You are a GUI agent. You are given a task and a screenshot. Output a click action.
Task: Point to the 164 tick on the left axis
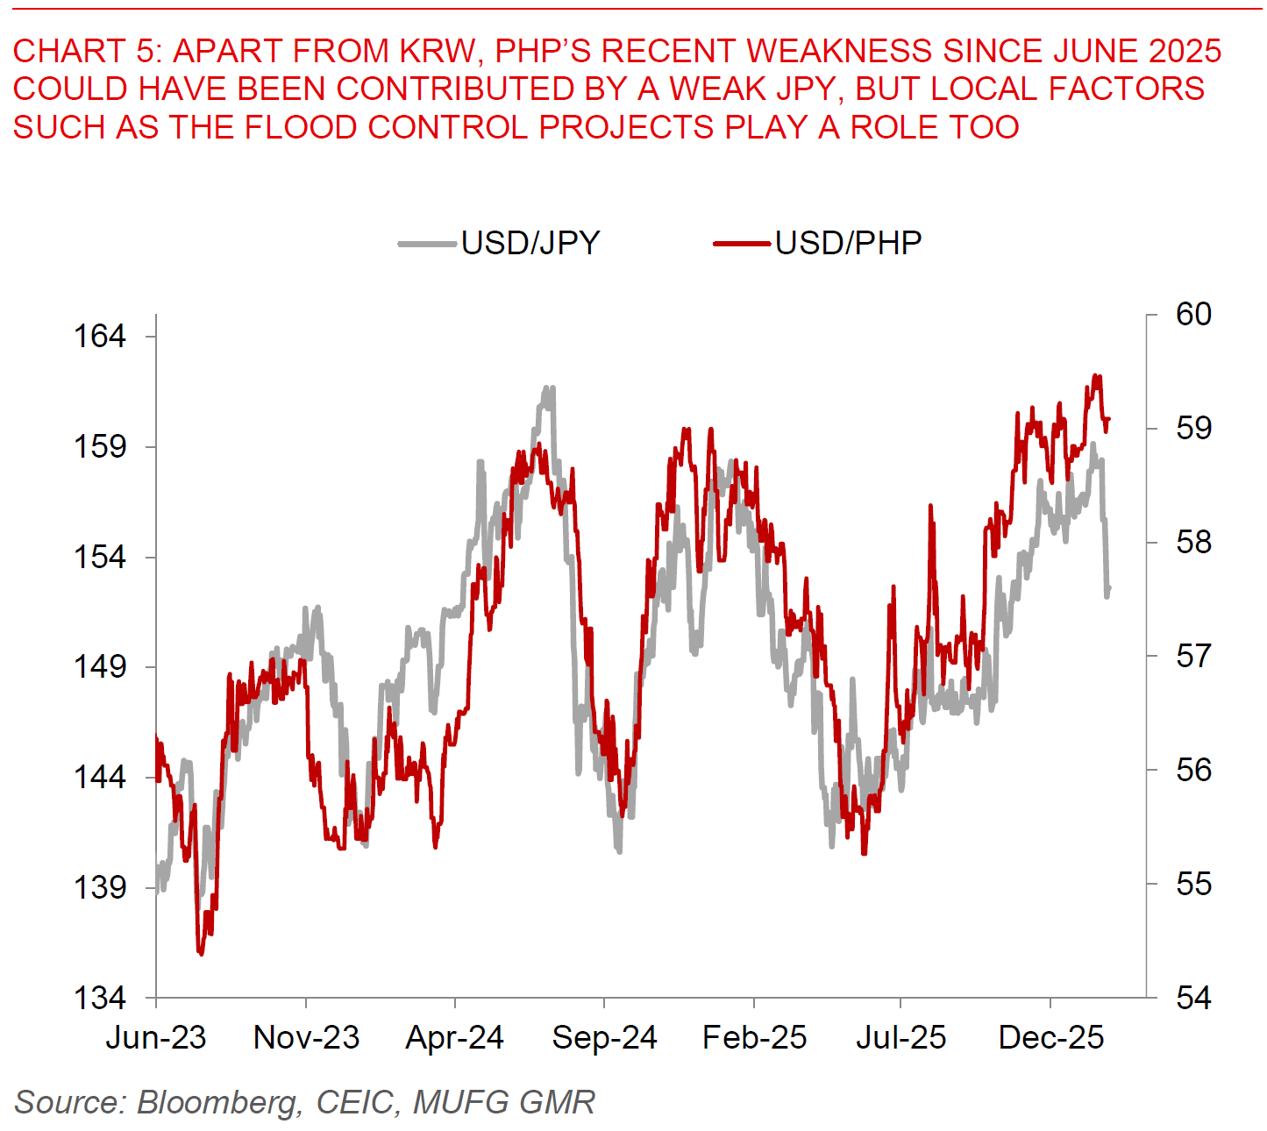[99, 336]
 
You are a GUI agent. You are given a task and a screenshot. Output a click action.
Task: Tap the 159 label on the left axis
[99, 446]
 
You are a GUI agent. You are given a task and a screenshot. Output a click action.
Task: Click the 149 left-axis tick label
[99, 666]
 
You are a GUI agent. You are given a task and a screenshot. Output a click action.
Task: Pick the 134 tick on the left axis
[99, 998]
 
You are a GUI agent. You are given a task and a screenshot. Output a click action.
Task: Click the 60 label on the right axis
[1193, 314]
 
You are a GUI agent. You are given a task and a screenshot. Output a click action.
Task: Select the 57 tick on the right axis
[1193, 656]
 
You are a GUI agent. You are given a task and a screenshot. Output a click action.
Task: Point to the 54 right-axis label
[1193, 998]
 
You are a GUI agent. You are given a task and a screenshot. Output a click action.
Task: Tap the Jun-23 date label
[156, 1038]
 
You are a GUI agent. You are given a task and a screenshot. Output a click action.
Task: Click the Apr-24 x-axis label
[455, 1038]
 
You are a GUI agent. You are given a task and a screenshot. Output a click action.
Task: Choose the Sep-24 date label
[604, 1038]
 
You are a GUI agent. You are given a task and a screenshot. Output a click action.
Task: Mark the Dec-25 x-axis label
[1051, 1038]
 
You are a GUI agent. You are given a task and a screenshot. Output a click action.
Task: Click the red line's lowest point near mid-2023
[201, 953]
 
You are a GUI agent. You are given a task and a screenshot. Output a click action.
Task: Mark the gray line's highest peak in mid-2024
[549, 388]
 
